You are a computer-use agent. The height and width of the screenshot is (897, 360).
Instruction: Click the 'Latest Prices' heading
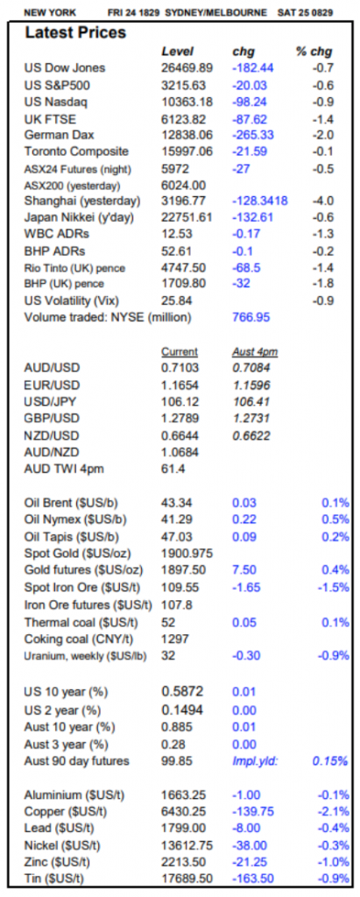[x=75, y=33]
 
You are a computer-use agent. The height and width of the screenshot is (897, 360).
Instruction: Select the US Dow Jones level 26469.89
[x=187, y=68]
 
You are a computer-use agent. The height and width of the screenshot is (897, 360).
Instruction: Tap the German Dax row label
[x=59, y=136]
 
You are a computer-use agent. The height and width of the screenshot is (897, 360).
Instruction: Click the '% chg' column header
[x=314, y=52]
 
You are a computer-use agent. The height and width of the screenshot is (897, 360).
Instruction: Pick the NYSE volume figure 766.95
[x=251, y=317]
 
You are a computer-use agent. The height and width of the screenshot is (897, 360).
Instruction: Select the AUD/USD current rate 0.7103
[x=180, y=367]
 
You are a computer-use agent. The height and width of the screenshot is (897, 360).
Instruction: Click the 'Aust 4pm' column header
[x=251, y=352]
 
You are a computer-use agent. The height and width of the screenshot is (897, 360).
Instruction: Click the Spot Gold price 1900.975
[x=187, y=554]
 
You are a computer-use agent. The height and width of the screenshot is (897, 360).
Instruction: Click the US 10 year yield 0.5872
[x=182, y=692]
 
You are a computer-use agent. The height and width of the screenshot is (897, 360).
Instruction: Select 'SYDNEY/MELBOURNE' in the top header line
[x=215, y=12]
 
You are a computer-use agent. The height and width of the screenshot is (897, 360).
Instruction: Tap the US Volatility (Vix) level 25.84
[x=176, y=300]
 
